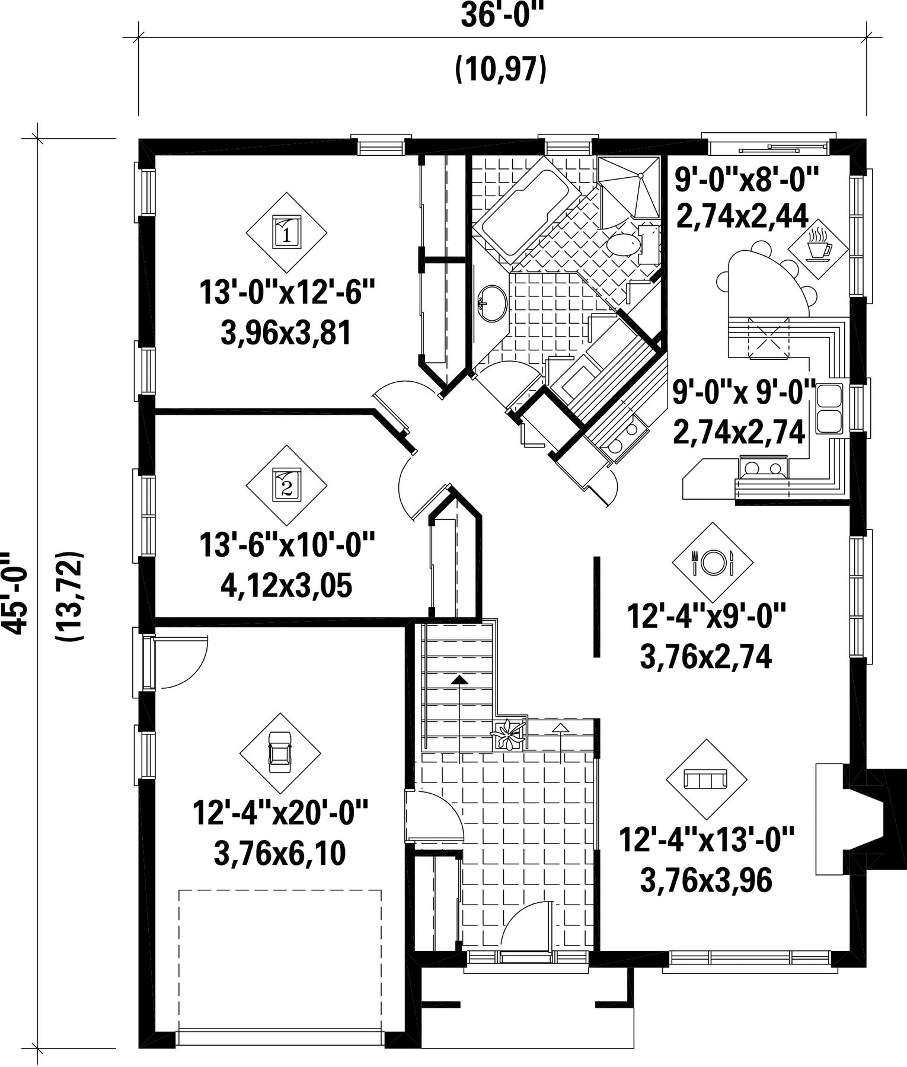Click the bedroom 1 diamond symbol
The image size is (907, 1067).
pyautogui.click(x=286, y=232)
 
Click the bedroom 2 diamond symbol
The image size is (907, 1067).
pyautogui.click(x=286, y=485)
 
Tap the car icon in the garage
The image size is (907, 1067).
pyautogui.click(x=280, y=752)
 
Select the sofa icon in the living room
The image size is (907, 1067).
pyautogui.click(x=707, y=779)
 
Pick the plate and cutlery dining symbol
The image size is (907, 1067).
pyautogui.click(x=713, y=562)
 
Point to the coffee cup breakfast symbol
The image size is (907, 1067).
pyautogui.click(x=818, y=244)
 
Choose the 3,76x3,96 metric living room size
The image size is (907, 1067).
pyautogui.click(x=706, y=880)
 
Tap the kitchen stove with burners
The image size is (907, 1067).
pyautogui.click(x=763, y=467)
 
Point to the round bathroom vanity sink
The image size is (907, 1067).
pyautogui.click(x=492, y=304)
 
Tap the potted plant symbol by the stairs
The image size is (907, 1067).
pyautogui.click(x=507, y=734)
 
